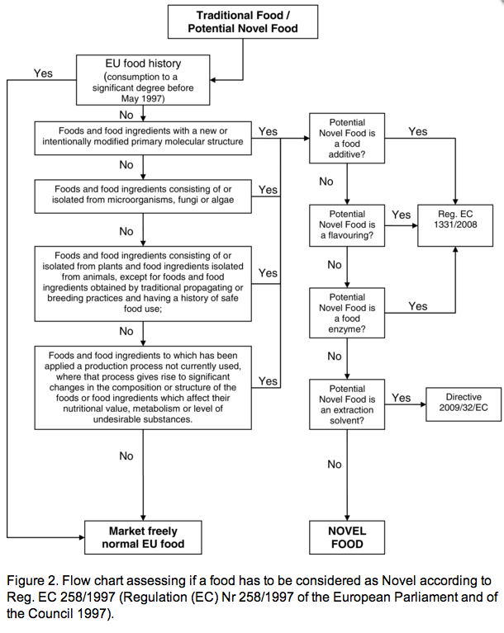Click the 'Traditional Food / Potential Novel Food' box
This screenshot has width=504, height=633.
click(243, 21)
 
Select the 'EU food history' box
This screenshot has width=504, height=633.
click(143, 80)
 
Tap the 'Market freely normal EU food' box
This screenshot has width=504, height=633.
click(143, 537)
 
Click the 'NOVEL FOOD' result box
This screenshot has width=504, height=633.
click(347, 537)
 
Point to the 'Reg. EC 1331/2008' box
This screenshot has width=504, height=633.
click(455, 225)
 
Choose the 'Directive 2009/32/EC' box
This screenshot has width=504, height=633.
click(464, 404)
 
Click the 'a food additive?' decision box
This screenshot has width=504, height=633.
click(347, 138)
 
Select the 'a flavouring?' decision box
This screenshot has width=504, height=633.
click(347, 225)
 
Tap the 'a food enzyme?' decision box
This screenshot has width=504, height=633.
click(347, 313)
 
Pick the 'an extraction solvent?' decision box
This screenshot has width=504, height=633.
click(347, 404)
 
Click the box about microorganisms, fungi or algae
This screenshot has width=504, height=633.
click(143, 196)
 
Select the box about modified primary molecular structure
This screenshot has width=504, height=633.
click(143, 138)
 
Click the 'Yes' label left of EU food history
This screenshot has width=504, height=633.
click(43, 73)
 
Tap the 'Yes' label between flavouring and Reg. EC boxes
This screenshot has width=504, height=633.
click(401, 215)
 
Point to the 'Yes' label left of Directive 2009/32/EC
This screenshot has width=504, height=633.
click(401, 398)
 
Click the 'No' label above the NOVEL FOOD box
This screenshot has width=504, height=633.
click(335, 465)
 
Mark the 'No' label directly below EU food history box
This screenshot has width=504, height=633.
click(126, 115)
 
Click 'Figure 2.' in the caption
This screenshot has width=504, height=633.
click(32, 581)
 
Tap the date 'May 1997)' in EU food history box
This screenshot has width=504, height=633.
click(143, 98)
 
